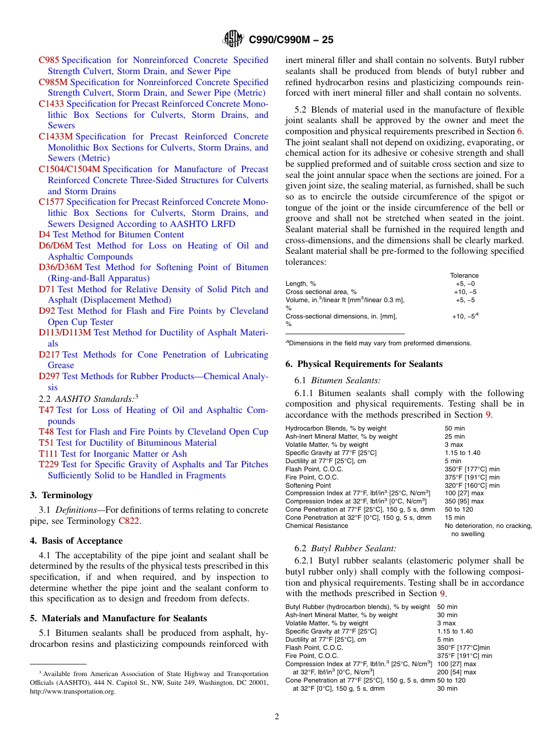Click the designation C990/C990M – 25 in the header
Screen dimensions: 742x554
[291, 40]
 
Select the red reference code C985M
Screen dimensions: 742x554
[53, 82]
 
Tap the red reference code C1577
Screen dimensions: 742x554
[51, 202]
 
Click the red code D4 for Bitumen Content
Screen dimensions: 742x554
[44, 235]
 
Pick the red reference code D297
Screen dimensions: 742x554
[49, 376]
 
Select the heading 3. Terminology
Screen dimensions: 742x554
[61, 495]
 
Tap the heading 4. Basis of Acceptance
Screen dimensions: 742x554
[76, 541]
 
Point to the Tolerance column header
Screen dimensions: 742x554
[464, 275]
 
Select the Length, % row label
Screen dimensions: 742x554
[301, 283]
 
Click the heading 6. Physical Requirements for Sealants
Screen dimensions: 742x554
[364, 364]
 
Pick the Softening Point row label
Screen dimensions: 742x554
[308, 485]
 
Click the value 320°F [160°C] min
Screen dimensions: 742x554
[472, 485]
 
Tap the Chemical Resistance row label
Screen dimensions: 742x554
[317, 526]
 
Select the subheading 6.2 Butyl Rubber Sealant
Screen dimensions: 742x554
[345, 548]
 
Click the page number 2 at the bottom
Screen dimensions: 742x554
[277, 717]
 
